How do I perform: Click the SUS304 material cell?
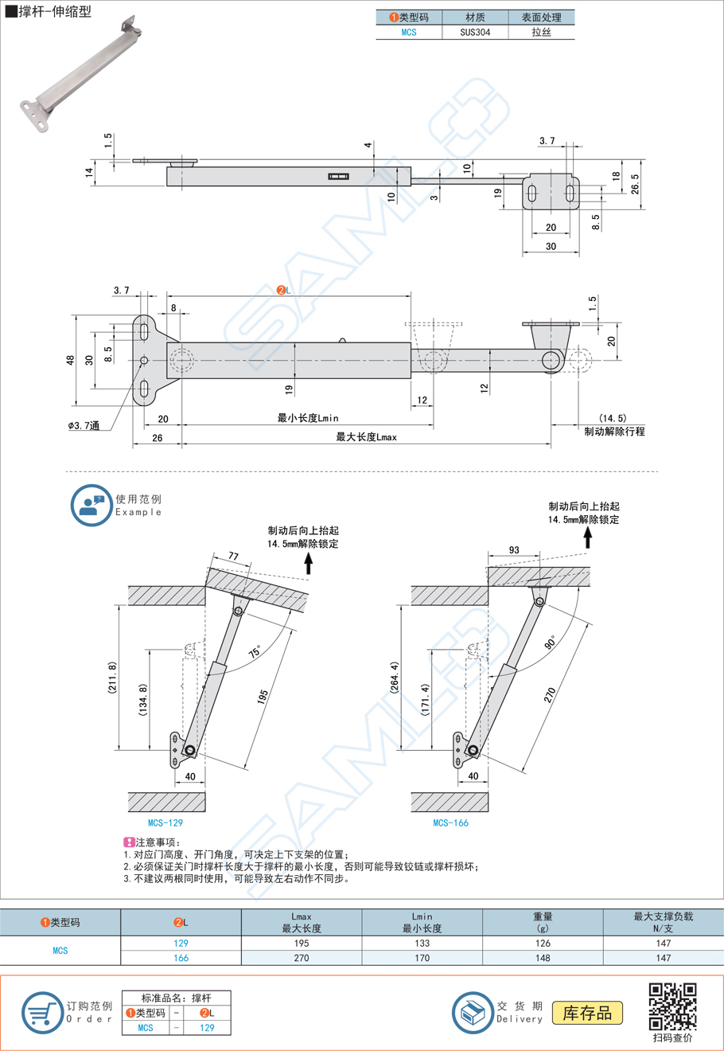[475, 33]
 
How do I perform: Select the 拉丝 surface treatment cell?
[541, 33]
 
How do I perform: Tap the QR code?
[672, 1006]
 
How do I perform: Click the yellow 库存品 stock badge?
[587, 1013]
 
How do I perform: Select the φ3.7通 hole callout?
[84, 427]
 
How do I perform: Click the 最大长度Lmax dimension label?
[366, 437]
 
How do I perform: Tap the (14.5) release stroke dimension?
[613, 417]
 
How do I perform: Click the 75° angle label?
[255, 651]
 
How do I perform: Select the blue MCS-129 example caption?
[165, 822]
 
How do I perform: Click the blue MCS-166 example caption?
[450, 822]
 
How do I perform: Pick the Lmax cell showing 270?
[302, 958]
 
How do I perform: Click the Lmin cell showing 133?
[422, 944]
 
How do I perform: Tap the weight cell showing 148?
[543, 958]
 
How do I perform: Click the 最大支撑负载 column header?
[663, 922]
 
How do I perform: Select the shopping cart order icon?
[41, 1013]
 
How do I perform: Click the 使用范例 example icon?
[91, 506]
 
